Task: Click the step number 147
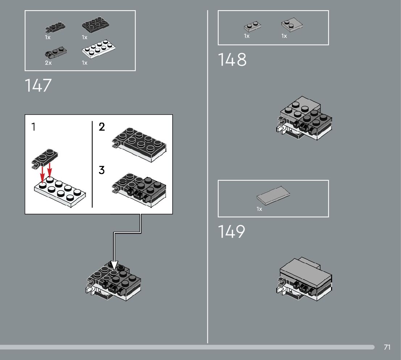pyautogui.click(x=38, y=86)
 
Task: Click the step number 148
pyautogui.click(x=232, y=60)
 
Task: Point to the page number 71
pyautogui.click(x=387, y=347)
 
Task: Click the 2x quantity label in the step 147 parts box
pyautogui.click(x=48, y=63)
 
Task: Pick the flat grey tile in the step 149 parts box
pyautogui.click(x=273, y=197)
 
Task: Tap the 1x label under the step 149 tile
pyautogui.click(x=259, y=209)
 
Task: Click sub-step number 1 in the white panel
pyautogui.click(x=33, y=127)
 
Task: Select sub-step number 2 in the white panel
pyautogui.click(x=102, y=127)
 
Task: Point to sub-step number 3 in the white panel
pyautogui.click(x=102, y=170)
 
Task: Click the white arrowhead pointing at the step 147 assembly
pyautogui.click(x=115, y=266)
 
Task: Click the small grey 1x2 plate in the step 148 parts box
pyautogui.click(x=252, y=26)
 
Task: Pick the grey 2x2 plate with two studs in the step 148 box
pyautogui.click(x=292, y=25)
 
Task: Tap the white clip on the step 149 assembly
pyautogui.click(x=280, y=290)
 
